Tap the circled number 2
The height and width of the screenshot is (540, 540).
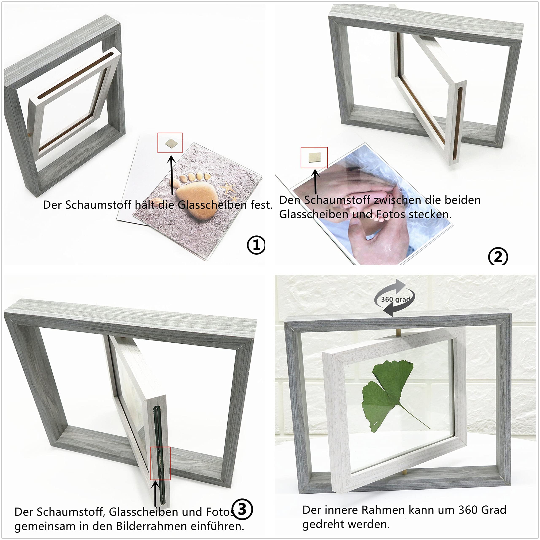(x=498, y=256)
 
